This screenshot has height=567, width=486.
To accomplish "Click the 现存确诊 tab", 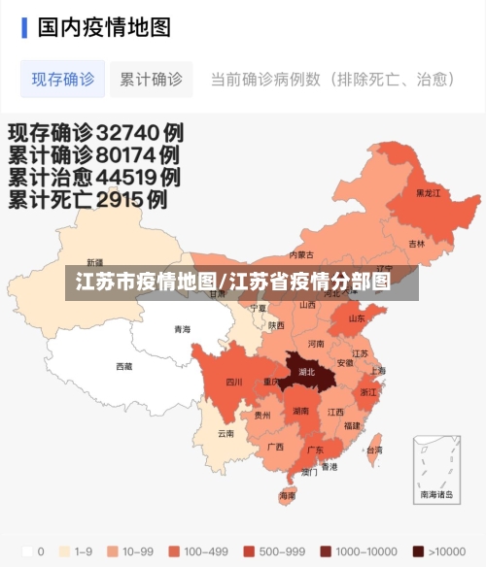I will tap(63, 79).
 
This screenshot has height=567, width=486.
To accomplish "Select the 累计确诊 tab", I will tap(151, 79).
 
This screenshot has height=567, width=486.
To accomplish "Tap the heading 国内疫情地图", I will tap(104, 26).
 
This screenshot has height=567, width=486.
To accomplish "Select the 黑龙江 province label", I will tap(428, 193).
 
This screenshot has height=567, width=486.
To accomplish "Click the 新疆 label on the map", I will tap(94, 262).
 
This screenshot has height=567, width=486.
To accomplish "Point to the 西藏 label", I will tap(124, 367).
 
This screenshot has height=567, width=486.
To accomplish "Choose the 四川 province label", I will tap(234, 382).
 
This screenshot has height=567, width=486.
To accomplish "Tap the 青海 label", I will tap(182, 329).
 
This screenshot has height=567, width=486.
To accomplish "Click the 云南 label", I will tap(226, 433).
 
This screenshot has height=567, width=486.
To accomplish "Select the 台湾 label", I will tap(374, 450).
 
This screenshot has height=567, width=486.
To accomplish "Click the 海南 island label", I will tap(288, 496).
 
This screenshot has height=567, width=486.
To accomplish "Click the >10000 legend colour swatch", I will tap(419, 551).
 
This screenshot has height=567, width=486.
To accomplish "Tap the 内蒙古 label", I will tap(302, 255).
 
